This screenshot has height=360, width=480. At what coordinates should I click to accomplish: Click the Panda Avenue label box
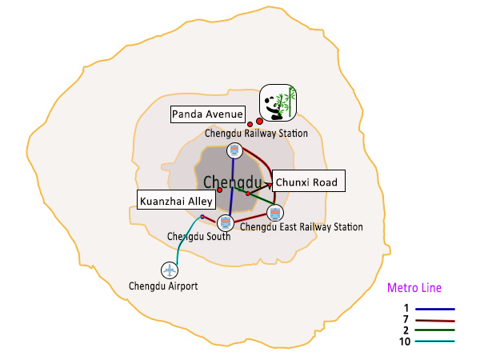[x=207, y=114]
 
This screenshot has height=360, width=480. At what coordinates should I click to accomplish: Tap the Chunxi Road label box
[x=309, y=181]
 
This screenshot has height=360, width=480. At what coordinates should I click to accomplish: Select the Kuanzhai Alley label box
[x=176, y=200]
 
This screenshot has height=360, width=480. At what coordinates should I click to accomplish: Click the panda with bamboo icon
[x=278, y=103]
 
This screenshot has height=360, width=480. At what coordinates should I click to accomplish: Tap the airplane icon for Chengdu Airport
[x=170, y=270]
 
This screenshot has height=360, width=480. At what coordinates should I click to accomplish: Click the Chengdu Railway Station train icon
[x=234, y=150]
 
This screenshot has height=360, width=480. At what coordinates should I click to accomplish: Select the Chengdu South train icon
[x=226, y=222]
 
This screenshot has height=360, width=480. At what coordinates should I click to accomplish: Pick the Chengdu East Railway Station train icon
[x=275, y=213]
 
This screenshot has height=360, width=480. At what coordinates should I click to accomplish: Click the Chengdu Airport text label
[x=163, y=286]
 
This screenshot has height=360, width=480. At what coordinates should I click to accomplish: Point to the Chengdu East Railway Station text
[x=302, y=227]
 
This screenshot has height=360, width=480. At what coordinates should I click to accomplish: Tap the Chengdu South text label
[x=199, y=236]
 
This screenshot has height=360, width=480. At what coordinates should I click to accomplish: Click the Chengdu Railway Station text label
[x=256, y=134]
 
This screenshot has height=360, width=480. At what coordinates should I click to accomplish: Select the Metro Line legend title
[x=414, y=288]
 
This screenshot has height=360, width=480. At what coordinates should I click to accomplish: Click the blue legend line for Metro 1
[x=435, y=309]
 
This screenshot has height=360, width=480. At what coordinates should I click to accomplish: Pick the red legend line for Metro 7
[x=435, y=321]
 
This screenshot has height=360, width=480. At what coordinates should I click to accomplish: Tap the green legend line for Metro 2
[x=434, y=330]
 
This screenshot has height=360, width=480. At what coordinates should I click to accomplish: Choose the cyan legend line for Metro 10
[x=434, y=341]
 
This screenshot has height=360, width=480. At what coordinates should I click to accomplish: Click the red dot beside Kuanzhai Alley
[x=219, y=190]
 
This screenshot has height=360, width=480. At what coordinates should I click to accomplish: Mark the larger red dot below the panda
[x=259, y=122]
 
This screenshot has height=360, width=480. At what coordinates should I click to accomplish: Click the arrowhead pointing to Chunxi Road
[x=269, y=185]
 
